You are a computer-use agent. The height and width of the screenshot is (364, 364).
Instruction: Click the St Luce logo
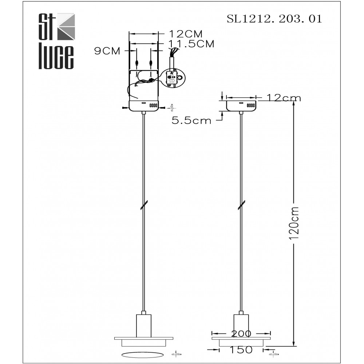(x=56, y=41)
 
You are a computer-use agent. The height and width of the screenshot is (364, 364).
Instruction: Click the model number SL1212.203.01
(x=274, y=19)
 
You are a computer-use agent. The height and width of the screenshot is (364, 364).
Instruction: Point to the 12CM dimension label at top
(x=186, y=34)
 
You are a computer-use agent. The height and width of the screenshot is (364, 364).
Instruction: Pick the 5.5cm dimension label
(x=191, y=121)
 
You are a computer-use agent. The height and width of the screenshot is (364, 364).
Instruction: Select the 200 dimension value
(x=241, y=333)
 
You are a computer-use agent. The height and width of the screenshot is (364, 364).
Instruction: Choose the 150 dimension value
(x=241, y=350)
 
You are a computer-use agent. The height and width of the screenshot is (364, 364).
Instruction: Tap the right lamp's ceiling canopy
(x=241, y=105)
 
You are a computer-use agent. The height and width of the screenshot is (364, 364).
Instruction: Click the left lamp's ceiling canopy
(x=145, y=106)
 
